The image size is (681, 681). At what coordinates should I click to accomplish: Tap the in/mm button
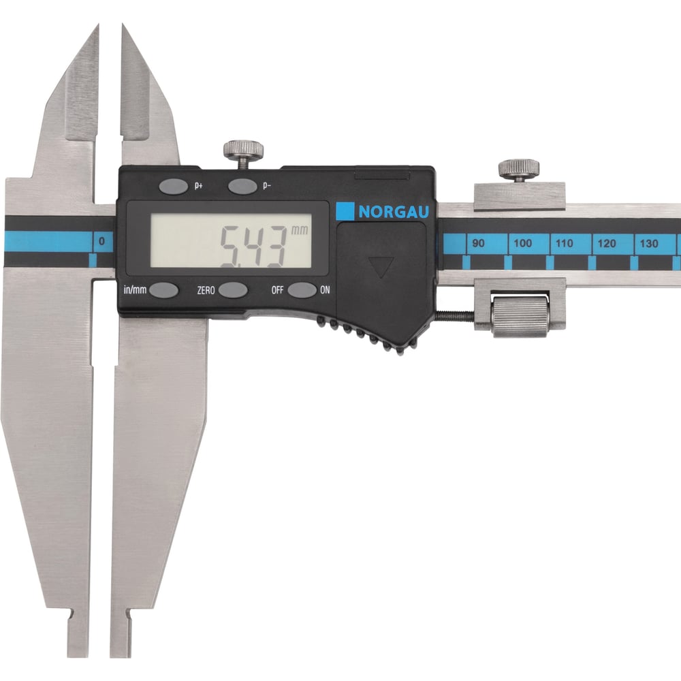[163, 289]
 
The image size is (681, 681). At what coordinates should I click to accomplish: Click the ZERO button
[233, 289]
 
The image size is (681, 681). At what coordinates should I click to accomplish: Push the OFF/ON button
[302, 289]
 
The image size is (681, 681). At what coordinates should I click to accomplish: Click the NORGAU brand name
[394, 212]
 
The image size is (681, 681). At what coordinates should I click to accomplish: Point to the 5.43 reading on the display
[253, 246]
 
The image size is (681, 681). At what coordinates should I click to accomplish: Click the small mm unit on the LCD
[300, 229]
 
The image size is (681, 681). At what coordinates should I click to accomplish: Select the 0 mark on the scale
[101, 241]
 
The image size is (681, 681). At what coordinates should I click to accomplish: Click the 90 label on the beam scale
[478, 243]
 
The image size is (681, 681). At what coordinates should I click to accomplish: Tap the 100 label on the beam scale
[522, 243]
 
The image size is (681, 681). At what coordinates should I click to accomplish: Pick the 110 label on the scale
[564, 243]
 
